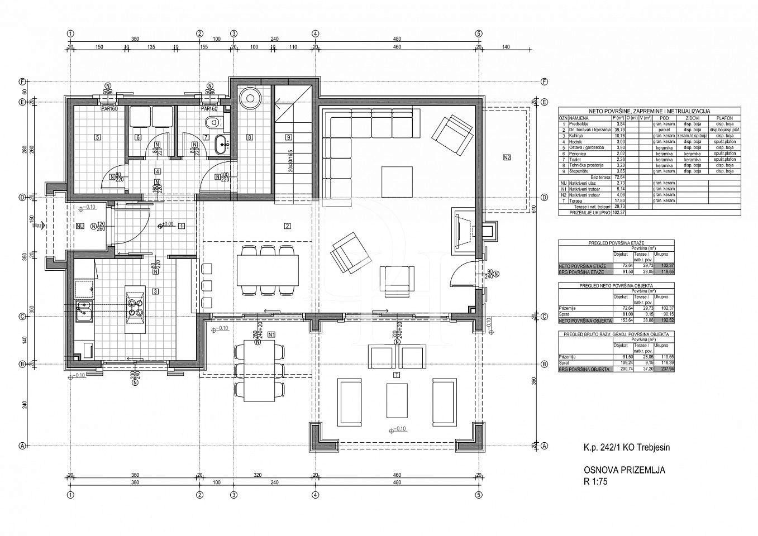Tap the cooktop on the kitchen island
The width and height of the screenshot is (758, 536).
click(134, 308)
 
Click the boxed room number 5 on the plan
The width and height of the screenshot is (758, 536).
click(97, 137)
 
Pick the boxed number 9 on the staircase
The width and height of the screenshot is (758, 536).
click(288, 137)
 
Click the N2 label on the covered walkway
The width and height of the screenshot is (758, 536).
click(506, 157)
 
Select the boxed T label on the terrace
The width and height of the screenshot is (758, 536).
click(397, 374)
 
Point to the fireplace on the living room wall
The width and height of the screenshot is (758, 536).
click(463, 229)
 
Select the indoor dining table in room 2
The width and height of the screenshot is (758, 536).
click(267, 270)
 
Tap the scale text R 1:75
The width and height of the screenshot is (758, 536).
click(595, 481)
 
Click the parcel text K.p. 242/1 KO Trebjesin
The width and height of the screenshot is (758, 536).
click(627, 447)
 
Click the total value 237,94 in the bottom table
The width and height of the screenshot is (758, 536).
click(664, 370)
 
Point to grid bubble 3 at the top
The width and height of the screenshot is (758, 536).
click(233, 33)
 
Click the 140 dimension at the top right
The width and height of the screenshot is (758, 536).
click(506, 47)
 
